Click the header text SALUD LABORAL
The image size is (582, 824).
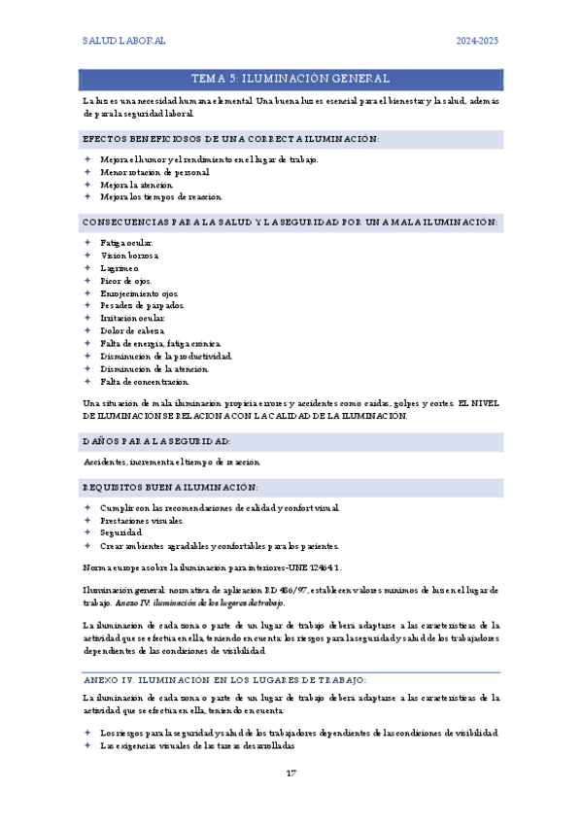(x=123, y=41)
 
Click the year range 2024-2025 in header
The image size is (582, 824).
(x=477, y=41)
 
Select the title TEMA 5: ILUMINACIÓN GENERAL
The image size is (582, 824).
(x=291, y=79)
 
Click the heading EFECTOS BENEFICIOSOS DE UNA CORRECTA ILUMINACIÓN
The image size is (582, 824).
(x=230, y=140)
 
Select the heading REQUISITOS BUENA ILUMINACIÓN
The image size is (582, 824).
(x=171, y=486)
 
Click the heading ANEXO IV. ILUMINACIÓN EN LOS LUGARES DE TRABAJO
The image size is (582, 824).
(x=224, y=653)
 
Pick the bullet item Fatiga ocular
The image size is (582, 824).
(x=126, y=243)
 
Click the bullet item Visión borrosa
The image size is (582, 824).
(x=128, y=256)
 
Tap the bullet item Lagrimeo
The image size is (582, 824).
(x=120, y=268)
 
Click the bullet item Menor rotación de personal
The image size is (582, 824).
(x=154, y=172)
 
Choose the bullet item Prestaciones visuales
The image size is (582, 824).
(x=142, y=521)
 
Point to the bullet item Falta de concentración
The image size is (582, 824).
(x=144, y=382)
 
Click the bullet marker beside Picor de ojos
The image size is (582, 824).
(x=87, y=281)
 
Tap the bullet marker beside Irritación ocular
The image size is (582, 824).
(x=87, y=319)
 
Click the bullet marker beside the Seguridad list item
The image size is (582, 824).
(x=87, y=533)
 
